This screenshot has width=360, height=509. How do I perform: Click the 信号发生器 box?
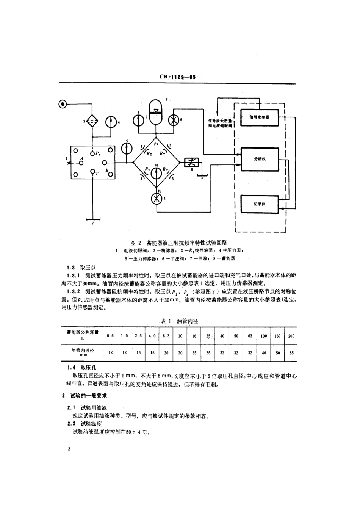[x=259, y=117]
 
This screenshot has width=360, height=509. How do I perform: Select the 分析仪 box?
[x=259, y=159]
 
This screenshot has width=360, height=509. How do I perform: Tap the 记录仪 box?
[x=259, y=204]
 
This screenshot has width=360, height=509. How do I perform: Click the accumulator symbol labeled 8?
[x=156, y=112]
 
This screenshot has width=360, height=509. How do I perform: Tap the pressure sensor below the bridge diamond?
[x=156, y=199]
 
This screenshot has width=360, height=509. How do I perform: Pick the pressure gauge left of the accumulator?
[x=138, y=120]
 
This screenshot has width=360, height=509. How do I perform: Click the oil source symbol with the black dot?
[x=63, y=103]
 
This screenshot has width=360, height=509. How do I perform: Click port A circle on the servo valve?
[x=81, y=163]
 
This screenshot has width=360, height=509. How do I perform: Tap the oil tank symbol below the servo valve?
[x=92, y=218]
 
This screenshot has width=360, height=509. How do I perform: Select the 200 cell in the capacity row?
[x=291, y=336]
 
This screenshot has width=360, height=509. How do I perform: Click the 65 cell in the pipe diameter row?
[x=291, y=353]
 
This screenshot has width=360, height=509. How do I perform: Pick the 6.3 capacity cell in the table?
[x=166, y=336]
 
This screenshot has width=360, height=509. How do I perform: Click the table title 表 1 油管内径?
[x=179, y=321]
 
